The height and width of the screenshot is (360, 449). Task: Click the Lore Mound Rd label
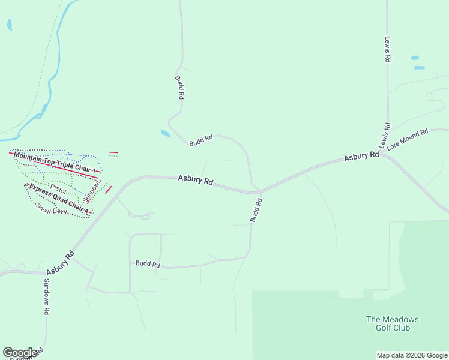[x=407, y=139]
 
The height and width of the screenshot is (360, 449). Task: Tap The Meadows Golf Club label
[x=393, y=323]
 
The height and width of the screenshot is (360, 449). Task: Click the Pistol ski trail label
[x=58, y=189]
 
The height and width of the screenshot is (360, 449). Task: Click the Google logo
[x=20, y=353]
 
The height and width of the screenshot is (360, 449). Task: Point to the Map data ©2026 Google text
[x=412, y=355]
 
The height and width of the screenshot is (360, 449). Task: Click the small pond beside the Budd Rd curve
[x=165, y=133]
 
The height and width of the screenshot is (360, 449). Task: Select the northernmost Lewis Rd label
[x=388, y=49]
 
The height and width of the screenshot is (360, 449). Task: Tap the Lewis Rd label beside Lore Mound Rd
[x=385, y=136]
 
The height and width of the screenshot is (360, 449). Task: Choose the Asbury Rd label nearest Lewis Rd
[x=361, y=157]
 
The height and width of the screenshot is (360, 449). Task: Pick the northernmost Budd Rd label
[x=179, y=87]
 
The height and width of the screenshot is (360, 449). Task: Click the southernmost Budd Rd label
[x=148, y=263]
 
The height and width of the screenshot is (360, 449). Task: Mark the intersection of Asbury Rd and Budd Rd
[x=259, y=192]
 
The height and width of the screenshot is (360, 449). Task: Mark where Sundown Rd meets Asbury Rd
[x=46, y=273]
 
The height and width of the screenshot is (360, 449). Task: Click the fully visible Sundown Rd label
[x=46, y=296]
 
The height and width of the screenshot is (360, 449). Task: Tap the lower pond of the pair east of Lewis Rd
[x=420, y=67]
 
